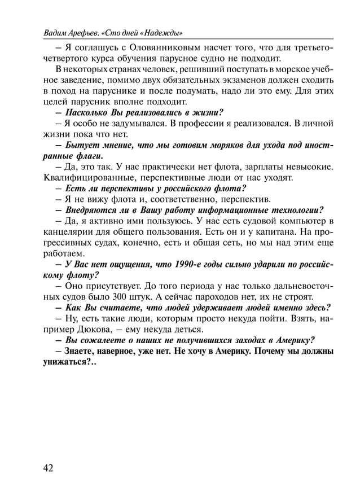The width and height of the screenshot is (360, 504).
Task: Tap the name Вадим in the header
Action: (56, 32)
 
